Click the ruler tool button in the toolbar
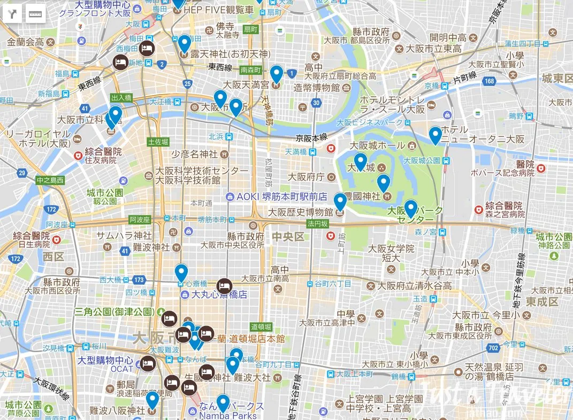(x=35, y=13)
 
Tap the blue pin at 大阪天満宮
(x=276, y=74)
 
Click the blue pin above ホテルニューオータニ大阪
(x=436, y=135)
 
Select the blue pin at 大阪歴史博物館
(x=340, y=202)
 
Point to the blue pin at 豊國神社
(x=383, y=183)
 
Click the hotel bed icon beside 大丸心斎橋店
(x=224, y=286)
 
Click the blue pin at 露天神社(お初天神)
(x=184, y=43)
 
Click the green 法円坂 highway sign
(x=317, y=224)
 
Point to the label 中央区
(x=288, y=236)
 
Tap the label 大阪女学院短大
(x=391, y=253)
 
